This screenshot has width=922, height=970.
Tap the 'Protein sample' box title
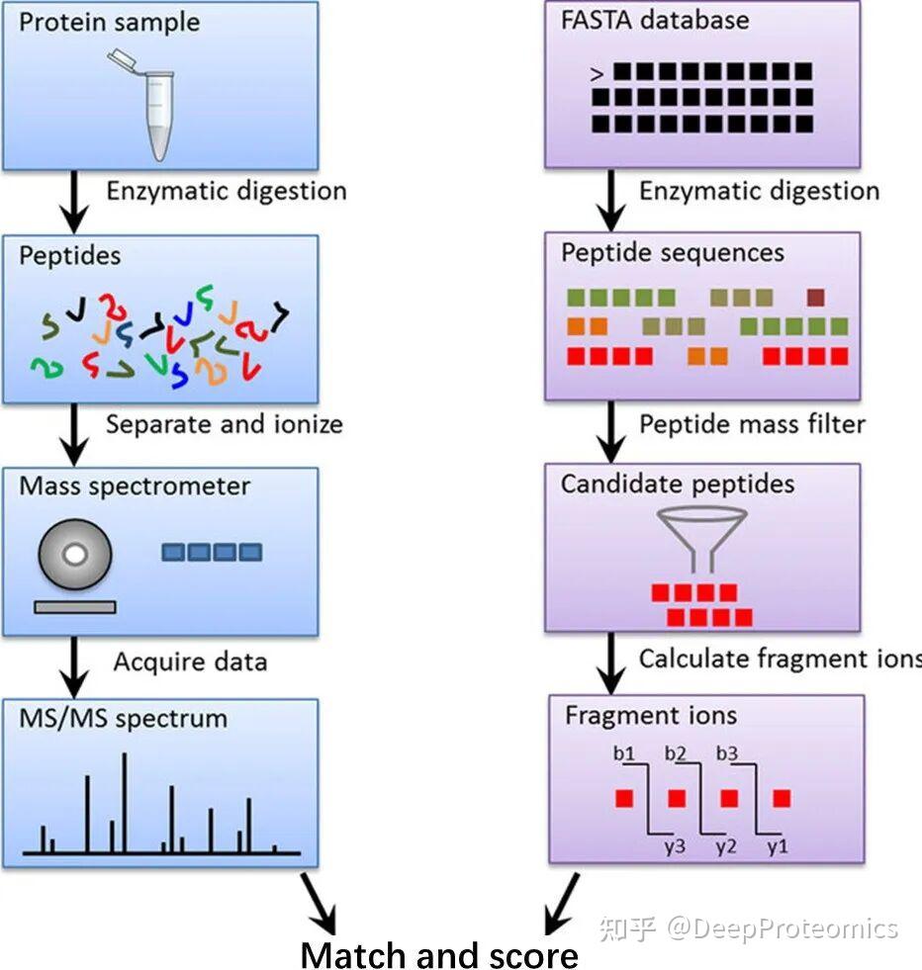pyautogui.click(x=110, y=23)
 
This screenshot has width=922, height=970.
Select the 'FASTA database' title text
pyautogui.click(x=655, y=21)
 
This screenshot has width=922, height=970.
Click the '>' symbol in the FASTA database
pyautogui.click(x=597, y=74)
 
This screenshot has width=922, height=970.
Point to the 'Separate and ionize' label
pyautogui.click(x=224, y=424)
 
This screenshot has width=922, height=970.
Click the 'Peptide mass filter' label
pyautogui.click(x=752, y=424)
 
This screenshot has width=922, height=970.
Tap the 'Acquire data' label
pyautogui.click(x=191, y=661)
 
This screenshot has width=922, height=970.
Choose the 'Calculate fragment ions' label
pyautogui.click(x=781, y=659)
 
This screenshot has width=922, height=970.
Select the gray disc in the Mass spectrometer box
pyautogui.click(x=75, y=555)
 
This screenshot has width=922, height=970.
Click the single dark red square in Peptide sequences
pyautogui.click(x=815, y=298)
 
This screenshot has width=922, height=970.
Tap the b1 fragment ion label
pyautogui.click(x=624, y=753)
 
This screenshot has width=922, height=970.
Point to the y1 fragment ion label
pyautogui.click(x=778, y=846)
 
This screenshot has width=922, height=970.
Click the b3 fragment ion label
pyautogui.click(x=727, y=753)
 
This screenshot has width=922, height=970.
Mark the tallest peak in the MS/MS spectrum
pyautogui.click(x=125, y=803)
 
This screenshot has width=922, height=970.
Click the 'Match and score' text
pyautogui.click(x=439, y=954)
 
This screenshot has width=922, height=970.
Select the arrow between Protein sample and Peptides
pyautogui.click(x=74, y=202)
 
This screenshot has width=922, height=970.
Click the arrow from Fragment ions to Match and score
pyautogui.click(x=562, y=905)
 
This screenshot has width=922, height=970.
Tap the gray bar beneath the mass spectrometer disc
pyautogui.click(x=75, y=607)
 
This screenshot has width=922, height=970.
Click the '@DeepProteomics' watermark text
pyautogui.click(x=783, y=928)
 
